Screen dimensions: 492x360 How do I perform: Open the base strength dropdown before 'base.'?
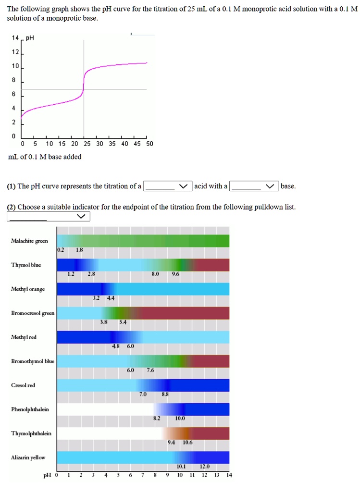coord(254,186)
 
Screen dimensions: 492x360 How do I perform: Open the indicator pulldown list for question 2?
coord(49,217)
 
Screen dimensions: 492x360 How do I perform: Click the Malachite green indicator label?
coord(29,241)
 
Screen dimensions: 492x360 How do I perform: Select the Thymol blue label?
coord(26,265)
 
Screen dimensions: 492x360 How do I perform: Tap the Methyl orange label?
coord(28,289)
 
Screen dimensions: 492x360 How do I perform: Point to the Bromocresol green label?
coord(33,313)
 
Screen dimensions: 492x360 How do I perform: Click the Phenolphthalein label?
coord(30,409)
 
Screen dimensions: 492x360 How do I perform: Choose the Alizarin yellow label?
coord(28,457)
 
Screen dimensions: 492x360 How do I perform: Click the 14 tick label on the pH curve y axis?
coord(15,37)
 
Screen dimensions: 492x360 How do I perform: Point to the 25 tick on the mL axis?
coord(87,144)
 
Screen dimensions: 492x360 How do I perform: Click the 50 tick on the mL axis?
coord(149,144)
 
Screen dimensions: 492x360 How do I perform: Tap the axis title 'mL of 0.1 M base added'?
coord(45,157)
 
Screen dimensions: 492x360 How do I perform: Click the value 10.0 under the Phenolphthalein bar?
coord(180,418)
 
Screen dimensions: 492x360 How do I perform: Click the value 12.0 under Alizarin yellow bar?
coord(204,466)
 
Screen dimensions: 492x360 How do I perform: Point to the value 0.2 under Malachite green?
coord(60,250)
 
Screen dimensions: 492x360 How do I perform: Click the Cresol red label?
coord(23,385)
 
